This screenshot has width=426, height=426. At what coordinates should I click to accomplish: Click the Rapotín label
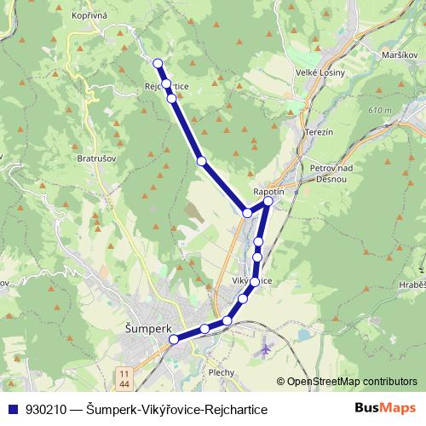click(x=269, y=192)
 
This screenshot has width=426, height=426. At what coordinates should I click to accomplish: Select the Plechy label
click(x=222, y=372)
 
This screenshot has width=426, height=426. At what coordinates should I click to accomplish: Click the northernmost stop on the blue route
click(x=158, y=62)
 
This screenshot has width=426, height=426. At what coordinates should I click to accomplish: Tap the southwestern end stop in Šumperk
click(x=174, y=340)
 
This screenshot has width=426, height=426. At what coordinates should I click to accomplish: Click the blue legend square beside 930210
click(x=11, y=410)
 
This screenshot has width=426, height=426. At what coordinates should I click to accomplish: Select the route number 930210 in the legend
click(x=48, y=410)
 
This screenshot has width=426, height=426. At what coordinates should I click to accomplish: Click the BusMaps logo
click(x=385, y=409)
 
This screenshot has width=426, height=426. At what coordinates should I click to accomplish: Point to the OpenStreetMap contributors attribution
click(x=351, y=382)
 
